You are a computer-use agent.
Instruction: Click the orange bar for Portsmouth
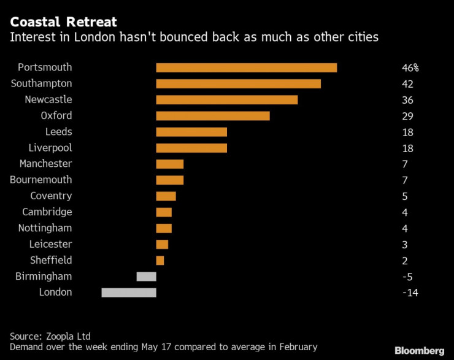(247, 67)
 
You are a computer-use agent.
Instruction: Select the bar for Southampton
(239, 83)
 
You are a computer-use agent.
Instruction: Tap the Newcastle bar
(227, 99)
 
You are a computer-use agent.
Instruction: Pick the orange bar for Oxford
(213, 115)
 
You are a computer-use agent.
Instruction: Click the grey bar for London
(129, 293)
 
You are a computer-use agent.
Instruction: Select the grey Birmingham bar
(146, 277)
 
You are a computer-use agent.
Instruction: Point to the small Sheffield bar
(160, 260)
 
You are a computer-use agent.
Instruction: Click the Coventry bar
(166, 196)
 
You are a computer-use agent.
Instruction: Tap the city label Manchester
(45, 164)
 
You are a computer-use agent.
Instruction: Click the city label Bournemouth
(41, 180)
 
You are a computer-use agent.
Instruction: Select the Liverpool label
(50, 148)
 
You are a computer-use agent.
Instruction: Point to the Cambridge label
(47, 212)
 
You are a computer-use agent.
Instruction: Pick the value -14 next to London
(409, 293)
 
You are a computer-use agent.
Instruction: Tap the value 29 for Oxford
(407, 115)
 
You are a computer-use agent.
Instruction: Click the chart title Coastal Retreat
(63, 22)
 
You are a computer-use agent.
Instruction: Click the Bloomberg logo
(420, 350)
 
